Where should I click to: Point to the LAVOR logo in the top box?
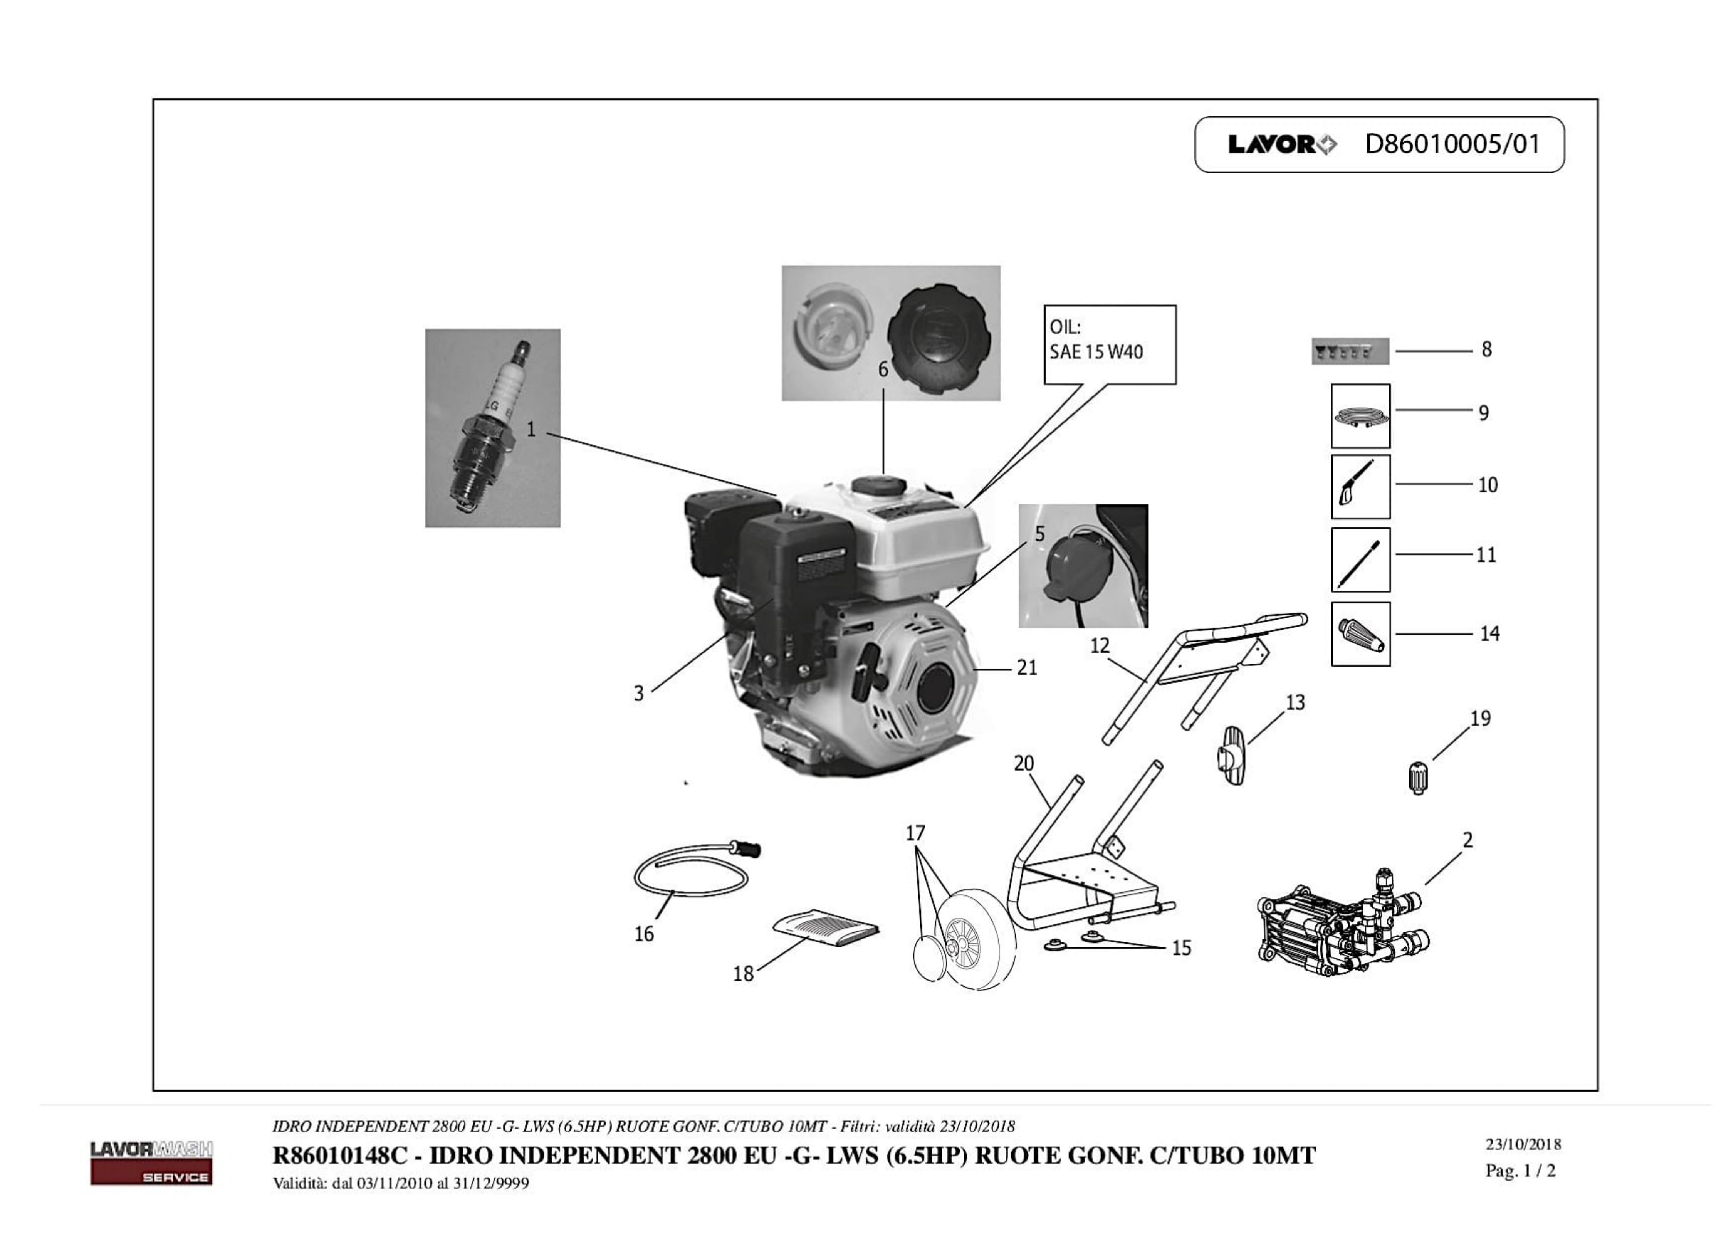point(1282,144)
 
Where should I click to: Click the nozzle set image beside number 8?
point(1350,351)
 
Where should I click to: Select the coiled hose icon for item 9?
point(1360,415)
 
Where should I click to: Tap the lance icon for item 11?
point(1360,559)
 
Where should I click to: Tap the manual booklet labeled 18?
point(826,927)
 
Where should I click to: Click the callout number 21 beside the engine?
point(1026,668)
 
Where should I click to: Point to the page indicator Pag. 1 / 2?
point(1520,1171)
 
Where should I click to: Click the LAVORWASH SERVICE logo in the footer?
point(151,1162)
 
